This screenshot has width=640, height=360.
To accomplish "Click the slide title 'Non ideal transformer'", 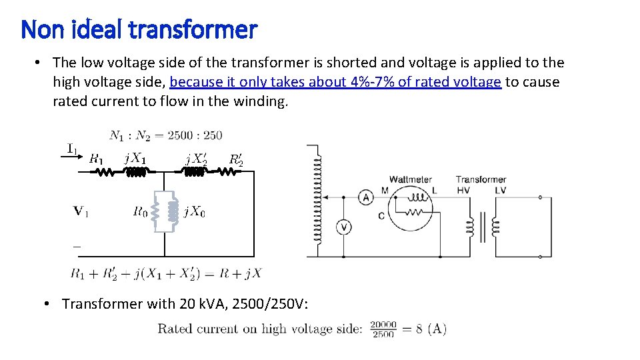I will click(139, 29).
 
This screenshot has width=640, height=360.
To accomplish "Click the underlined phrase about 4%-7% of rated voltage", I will click(335, 82).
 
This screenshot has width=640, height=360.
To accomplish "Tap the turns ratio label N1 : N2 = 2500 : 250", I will click(165, 135).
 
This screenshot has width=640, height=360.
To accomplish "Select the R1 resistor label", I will click(96, 159).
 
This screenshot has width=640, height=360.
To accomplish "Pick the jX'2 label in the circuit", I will click(196, 159).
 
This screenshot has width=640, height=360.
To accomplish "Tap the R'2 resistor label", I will click(236, 159).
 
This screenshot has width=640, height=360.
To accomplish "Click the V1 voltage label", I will click(81, 211).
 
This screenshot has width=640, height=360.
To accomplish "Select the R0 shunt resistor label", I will click(140, 212).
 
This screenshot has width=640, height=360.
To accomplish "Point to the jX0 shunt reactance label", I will click(195, 212).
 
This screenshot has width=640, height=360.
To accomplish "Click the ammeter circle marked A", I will click(365, 197).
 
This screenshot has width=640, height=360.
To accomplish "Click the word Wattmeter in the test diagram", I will click(410, 179).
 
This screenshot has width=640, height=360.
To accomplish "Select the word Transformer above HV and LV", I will click(481, 179).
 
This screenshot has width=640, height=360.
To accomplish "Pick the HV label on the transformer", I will click(463, 190).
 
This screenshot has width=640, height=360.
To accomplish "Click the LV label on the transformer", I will click(500, 190).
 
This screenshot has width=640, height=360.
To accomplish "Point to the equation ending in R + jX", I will click(166, 273).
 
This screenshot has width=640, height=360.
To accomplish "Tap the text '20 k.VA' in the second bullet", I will click(202, 304).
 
